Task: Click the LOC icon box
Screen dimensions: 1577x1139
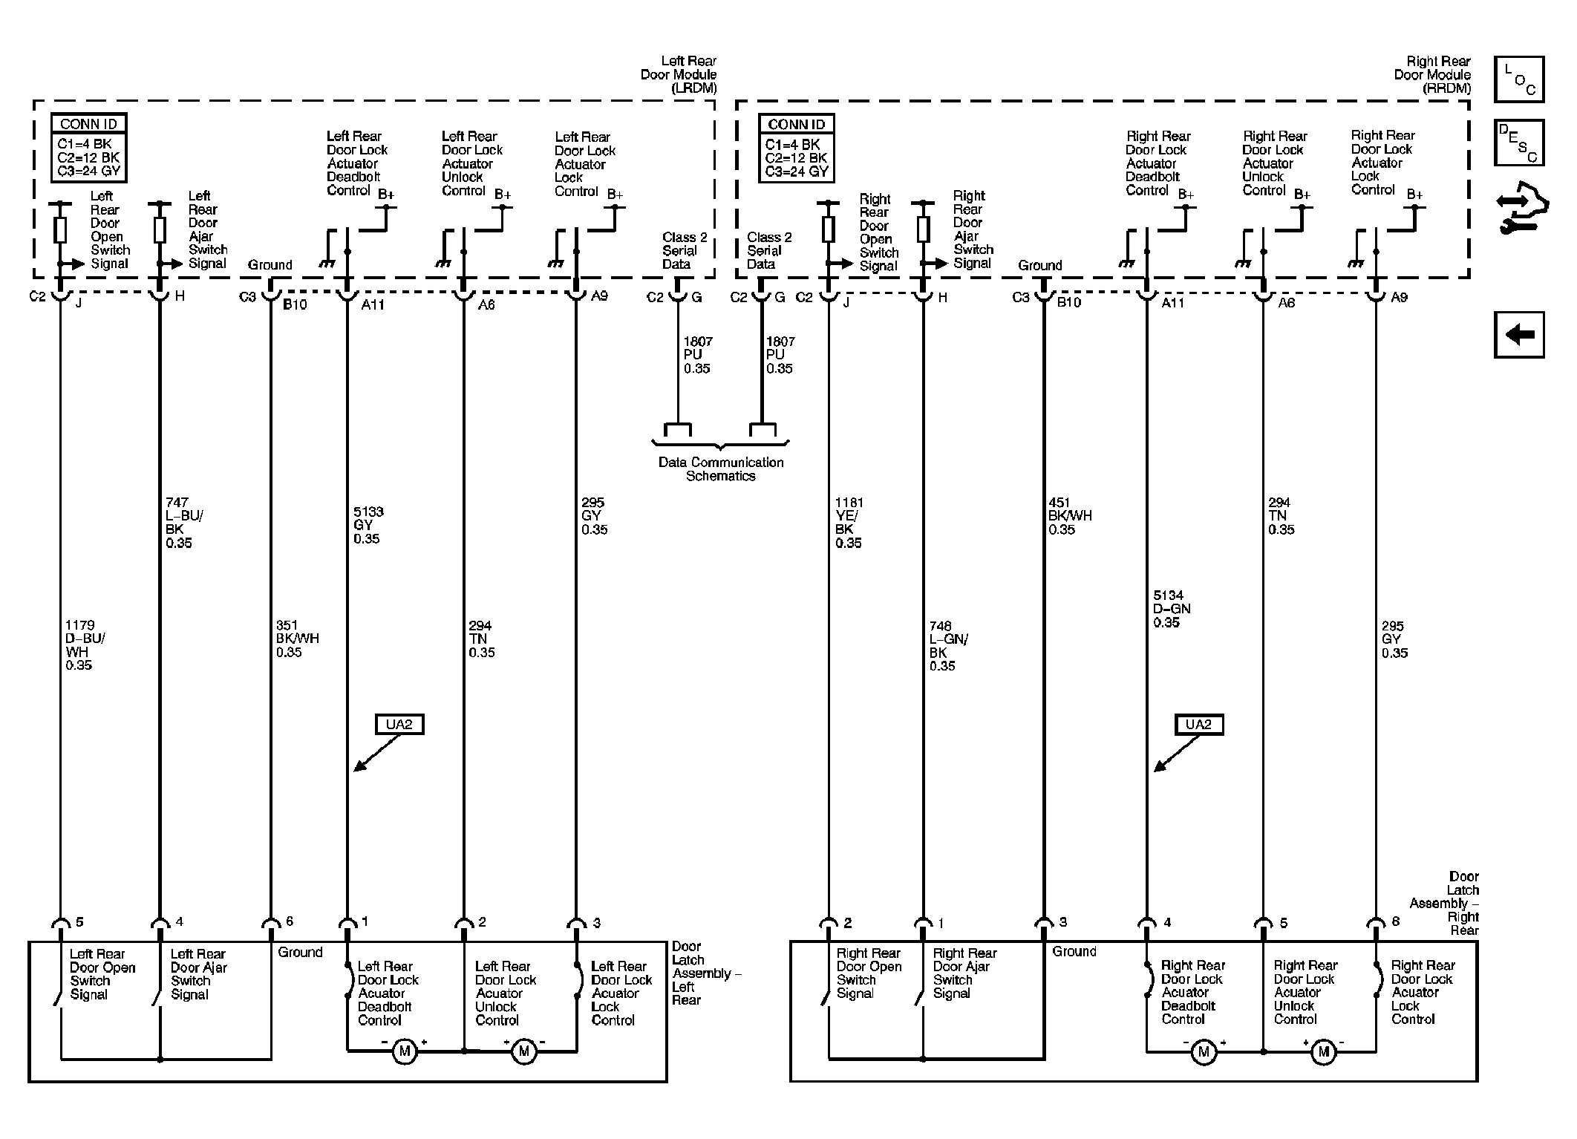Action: click(x=1519, y=79)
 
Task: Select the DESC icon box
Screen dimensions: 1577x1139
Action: click(x=1519, y=143)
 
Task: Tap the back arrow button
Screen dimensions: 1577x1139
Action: click(x=1519, y=335)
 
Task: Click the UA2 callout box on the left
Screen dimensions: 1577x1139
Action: click(x=399, y=724)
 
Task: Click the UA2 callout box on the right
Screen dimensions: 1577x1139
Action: click(x=1198, y=725)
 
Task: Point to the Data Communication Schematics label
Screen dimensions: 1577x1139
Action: click(x=721, y=469)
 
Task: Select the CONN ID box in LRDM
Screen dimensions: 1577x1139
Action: click(x=89, y=148)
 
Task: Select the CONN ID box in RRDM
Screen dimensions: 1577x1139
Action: click(x=797, y=148)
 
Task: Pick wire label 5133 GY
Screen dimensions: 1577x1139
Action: click(x=368, y=525)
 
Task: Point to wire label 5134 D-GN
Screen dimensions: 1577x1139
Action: click(x=1172, y=609)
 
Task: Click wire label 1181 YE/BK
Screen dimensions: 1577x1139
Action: click(x=849, y=523)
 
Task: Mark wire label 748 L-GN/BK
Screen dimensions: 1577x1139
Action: click(x=949, y=646)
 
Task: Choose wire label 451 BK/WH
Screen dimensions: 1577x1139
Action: click(x=1070, y=516)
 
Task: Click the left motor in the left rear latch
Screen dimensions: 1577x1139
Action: click(x=405, y=1051)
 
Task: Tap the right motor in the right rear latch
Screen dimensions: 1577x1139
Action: click(x=1323, y=1051)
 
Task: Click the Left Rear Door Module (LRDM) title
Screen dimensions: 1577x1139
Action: click(x=679, y=74)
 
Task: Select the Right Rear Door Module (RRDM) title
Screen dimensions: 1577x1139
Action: click(x=1432, y=74)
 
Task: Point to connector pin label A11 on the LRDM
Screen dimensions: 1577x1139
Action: click(x=373, y=304)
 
